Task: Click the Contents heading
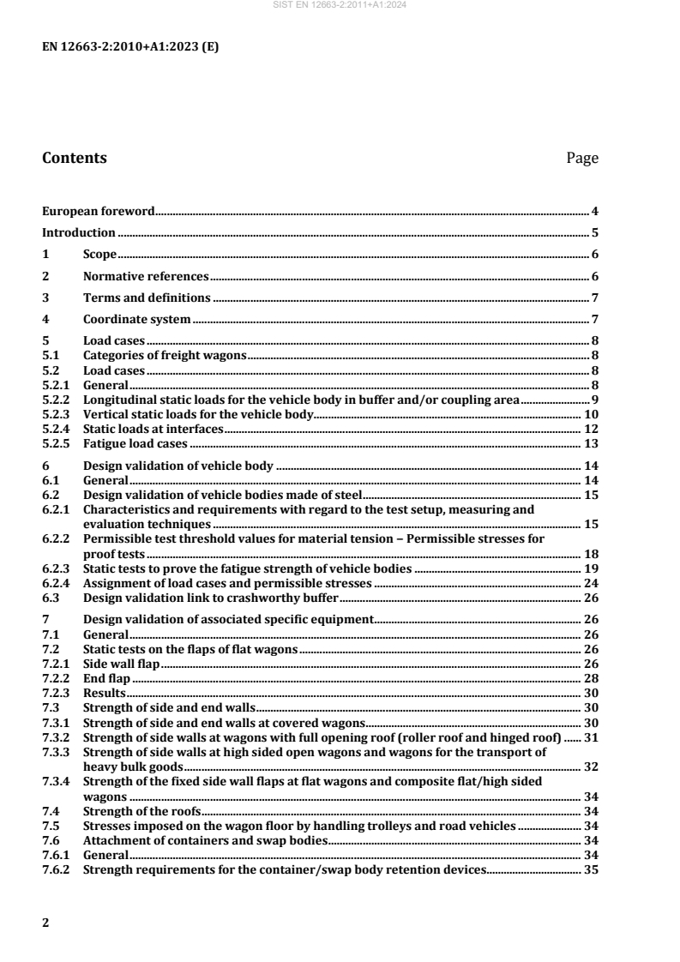75,158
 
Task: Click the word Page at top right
582,158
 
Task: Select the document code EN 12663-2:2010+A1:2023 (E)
130,47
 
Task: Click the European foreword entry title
99,210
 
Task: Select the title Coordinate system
136,320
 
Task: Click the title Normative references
146,276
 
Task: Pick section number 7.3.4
57,782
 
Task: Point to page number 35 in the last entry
591,869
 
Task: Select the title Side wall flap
121,664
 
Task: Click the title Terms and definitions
147,298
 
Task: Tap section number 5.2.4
57,429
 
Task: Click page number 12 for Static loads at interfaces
591,429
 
